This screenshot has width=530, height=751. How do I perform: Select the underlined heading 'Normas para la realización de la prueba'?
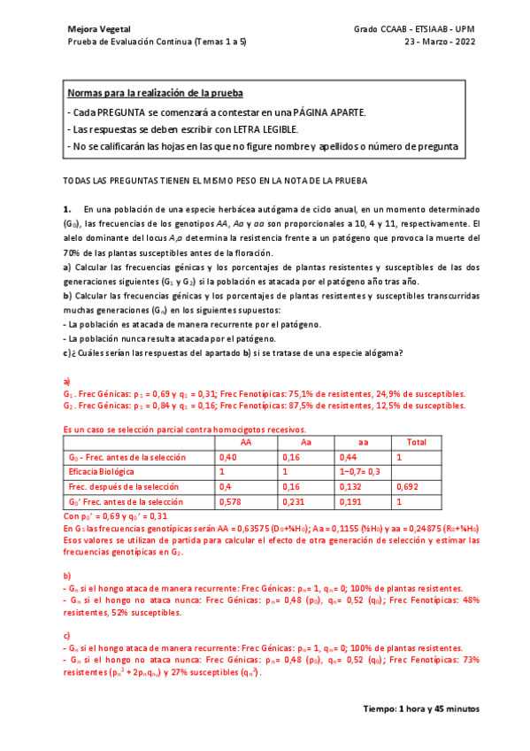(x=155, y=93)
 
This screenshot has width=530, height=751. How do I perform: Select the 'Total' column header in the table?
(x=415, y=443)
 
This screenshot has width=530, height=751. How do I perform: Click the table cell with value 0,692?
(x=409, y=487)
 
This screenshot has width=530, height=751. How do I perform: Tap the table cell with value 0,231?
(x=293, y=502)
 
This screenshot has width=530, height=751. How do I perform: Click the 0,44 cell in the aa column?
(x=349, y=457)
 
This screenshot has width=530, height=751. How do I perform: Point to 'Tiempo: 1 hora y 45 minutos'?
(x=421, y=709)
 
